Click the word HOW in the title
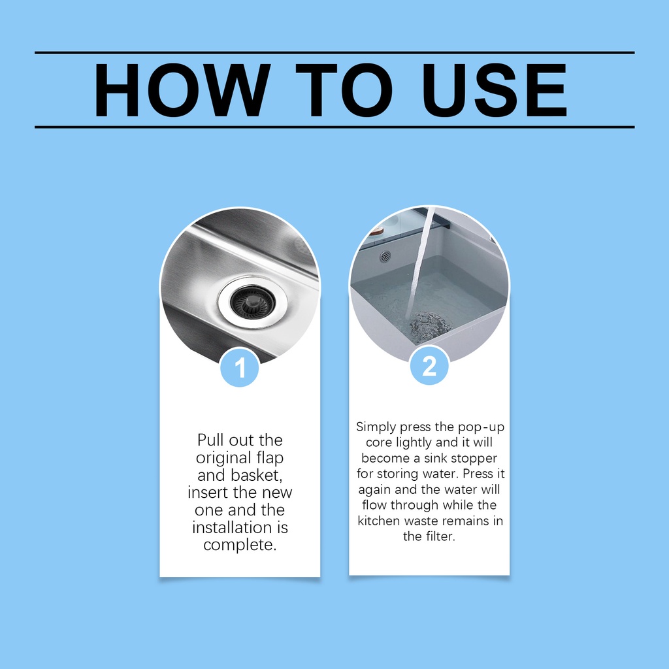coord(182,90)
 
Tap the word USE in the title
coord(494,90)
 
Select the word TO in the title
coord(344,90)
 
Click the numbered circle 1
coord(240,368)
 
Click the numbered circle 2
coord(429,366)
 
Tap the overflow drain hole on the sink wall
coord(385,256)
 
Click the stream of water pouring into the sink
coord(420,265)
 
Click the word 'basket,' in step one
coord(256,475)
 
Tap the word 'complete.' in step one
coord(240,546)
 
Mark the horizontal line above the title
coord(334,53)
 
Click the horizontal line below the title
coord(334,127)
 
